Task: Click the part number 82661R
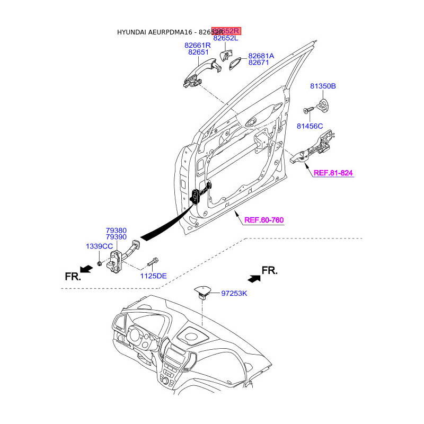pyautogui.click(x=199, y=46)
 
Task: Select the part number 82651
pyautogui.click(x=199, y=52)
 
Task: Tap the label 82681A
pyautogui.click(x=261, y=56)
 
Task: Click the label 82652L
pyautogui.click(x=226, y=38)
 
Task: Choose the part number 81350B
pyautogui.click(x=323, y=86)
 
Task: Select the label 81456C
pyautogui.click(x=310, y=126)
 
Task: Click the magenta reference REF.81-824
pyautogui.click(x=333, y=173)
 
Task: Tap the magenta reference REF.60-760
pyautogui.click(x=264, y=220)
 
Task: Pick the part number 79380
pyautogui.click(x=116, y=231)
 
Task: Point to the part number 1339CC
pyautogui.click(x=100, y=246)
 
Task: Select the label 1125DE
pyautogui.click(x=153, y=276)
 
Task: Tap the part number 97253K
pyautogui.click(x=234, y=293)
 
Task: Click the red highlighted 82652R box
pyautogui.click(x=226, y=31)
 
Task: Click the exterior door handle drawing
pyautogui.click(x=199, y=72)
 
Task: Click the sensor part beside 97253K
pyautogui.click(x=203, y=291)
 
